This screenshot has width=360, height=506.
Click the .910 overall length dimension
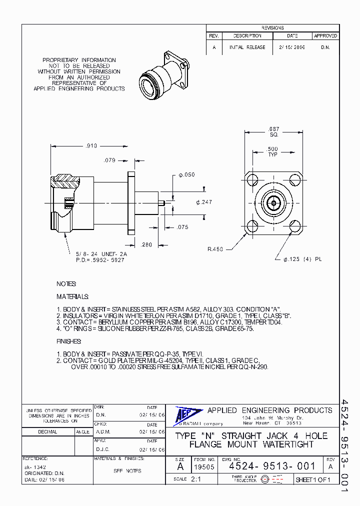coord(90,146)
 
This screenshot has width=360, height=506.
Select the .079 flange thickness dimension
coord(109,160)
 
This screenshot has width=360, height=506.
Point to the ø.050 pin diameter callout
coord(187,175)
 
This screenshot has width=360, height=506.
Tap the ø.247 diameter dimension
coord(204,202)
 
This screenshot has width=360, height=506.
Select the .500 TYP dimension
coord(272,152)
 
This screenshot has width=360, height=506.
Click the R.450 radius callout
coord(216,248)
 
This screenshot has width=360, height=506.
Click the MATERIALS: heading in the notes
coord(72,296)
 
